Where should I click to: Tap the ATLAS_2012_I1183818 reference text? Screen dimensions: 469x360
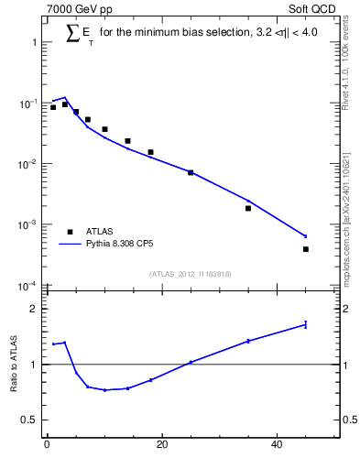[190, 274]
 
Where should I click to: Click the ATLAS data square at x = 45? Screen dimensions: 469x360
[306, 249]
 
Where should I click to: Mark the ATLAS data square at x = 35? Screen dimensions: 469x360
[248, 208]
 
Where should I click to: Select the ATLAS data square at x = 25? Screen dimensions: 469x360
[191, 172]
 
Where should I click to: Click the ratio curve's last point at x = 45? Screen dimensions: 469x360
[306, 324]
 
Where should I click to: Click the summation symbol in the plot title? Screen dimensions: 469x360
[72, 34]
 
